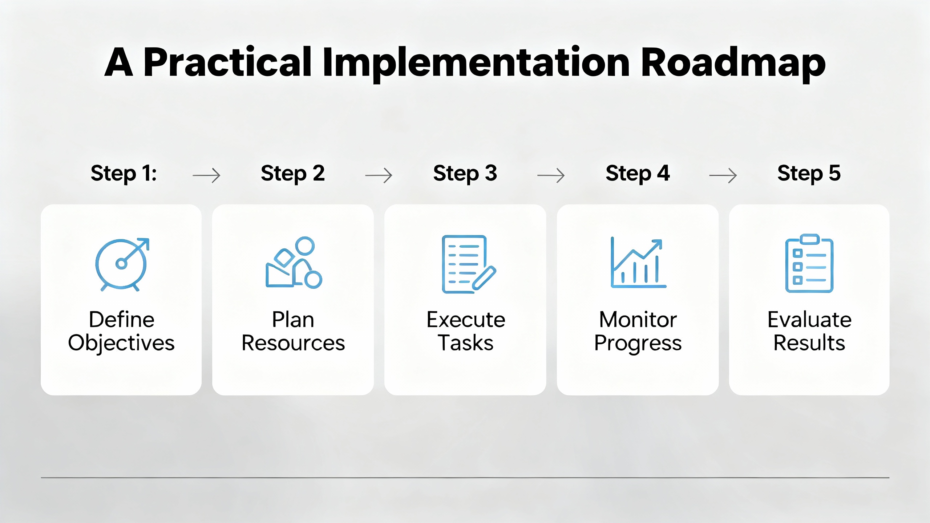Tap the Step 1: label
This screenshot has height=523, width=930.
(x=124, y=173)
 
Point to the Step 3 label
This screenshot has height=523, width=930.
(x=465, y=173)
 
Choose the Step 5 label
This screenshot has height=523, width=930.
(x=809, y=173)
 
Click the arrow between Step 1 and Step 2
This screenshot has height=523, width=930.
(x=206, y=175)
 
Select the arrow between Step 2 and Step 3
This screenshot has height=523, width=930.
(x=379, y=175)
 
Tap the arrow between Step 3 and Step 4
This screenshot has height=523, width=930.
(x=551, y=175)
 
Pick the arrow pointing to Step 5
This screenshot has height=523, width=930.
(x=723, y=175)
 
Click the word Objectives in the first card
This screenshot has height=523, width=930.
(x=121, y=343)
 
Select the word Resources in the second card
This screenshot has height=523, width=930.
(x=293, y=343)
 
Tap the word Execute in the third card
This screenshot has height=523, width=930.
(x=466, y=320)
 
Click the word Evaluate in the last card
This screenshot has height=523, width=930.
(x=809, y=320)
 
